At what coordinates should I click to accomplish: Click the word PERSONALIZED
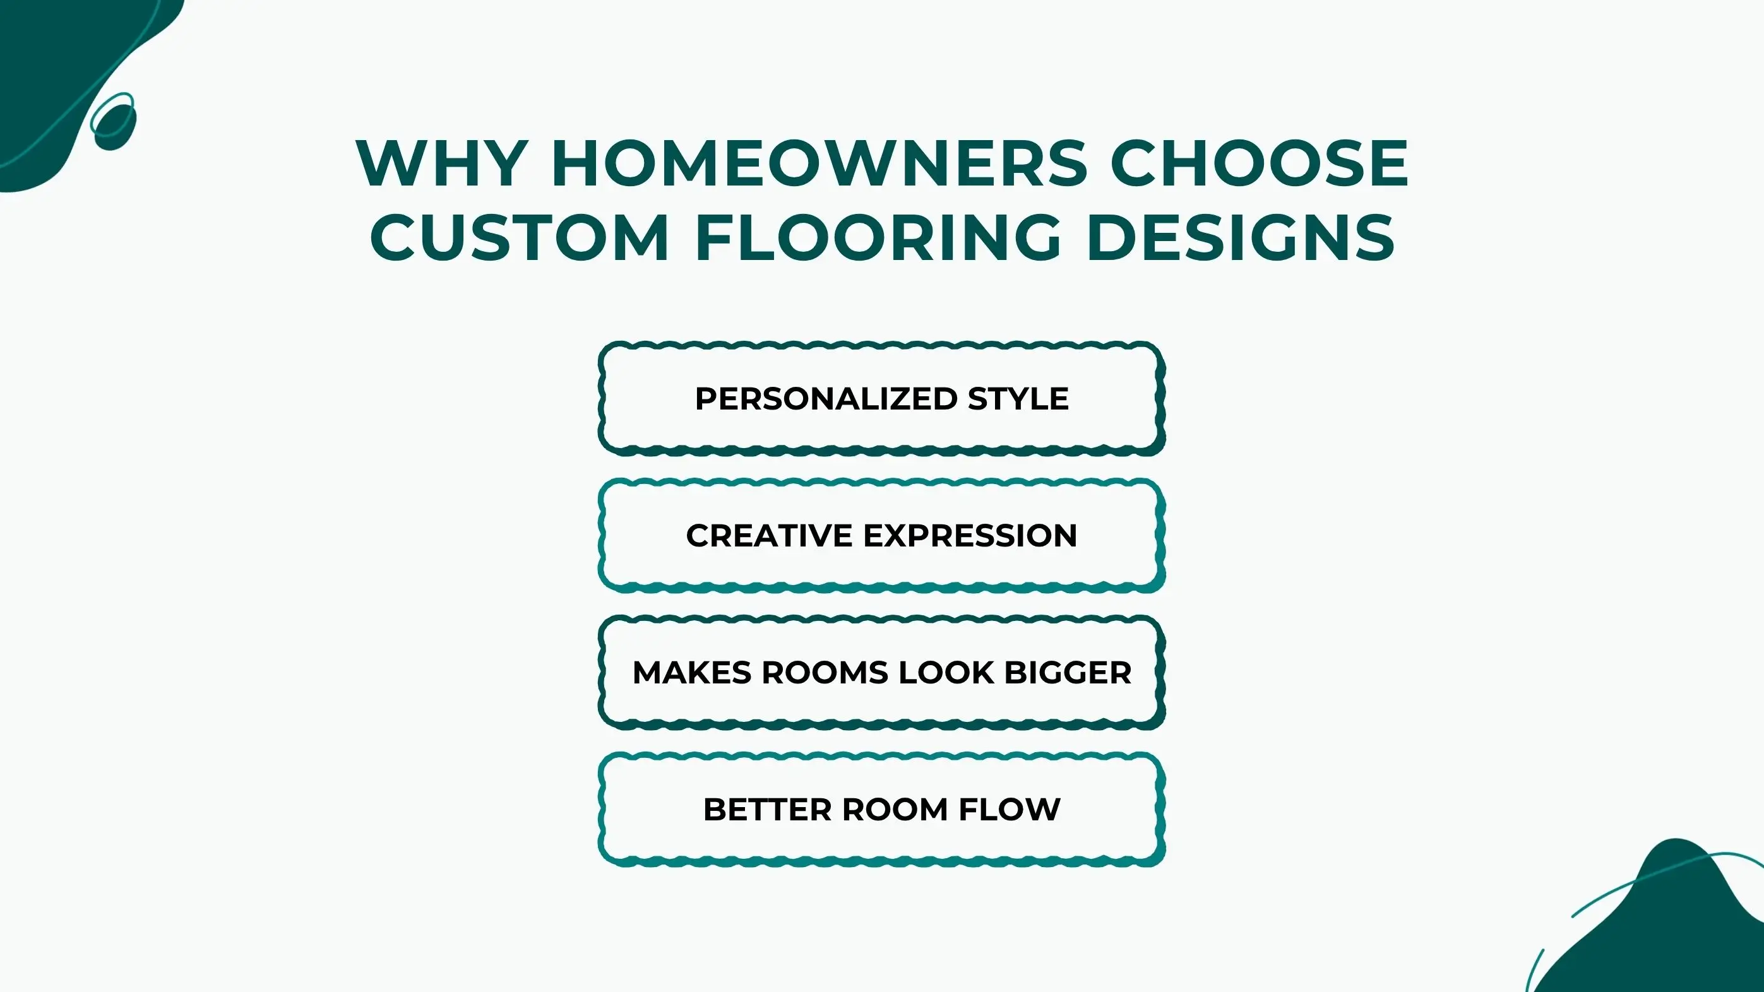coord(826,399)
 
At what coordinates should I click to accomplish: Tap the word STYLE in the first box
coord(1018,399)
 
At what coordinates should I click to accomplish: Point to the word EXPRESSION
coord(970,536)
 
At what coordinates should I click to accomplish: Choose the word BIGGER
coord(1068,673)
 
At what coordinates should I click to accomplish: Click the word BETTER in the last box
coord(767,810)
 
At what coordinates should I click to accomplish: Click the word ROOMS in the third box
coord(825,673)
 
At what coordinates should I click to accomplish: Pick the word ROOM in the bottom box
coord(895,810)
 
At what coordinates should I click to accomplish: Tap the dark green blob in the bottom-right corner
coord(1671,924)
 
